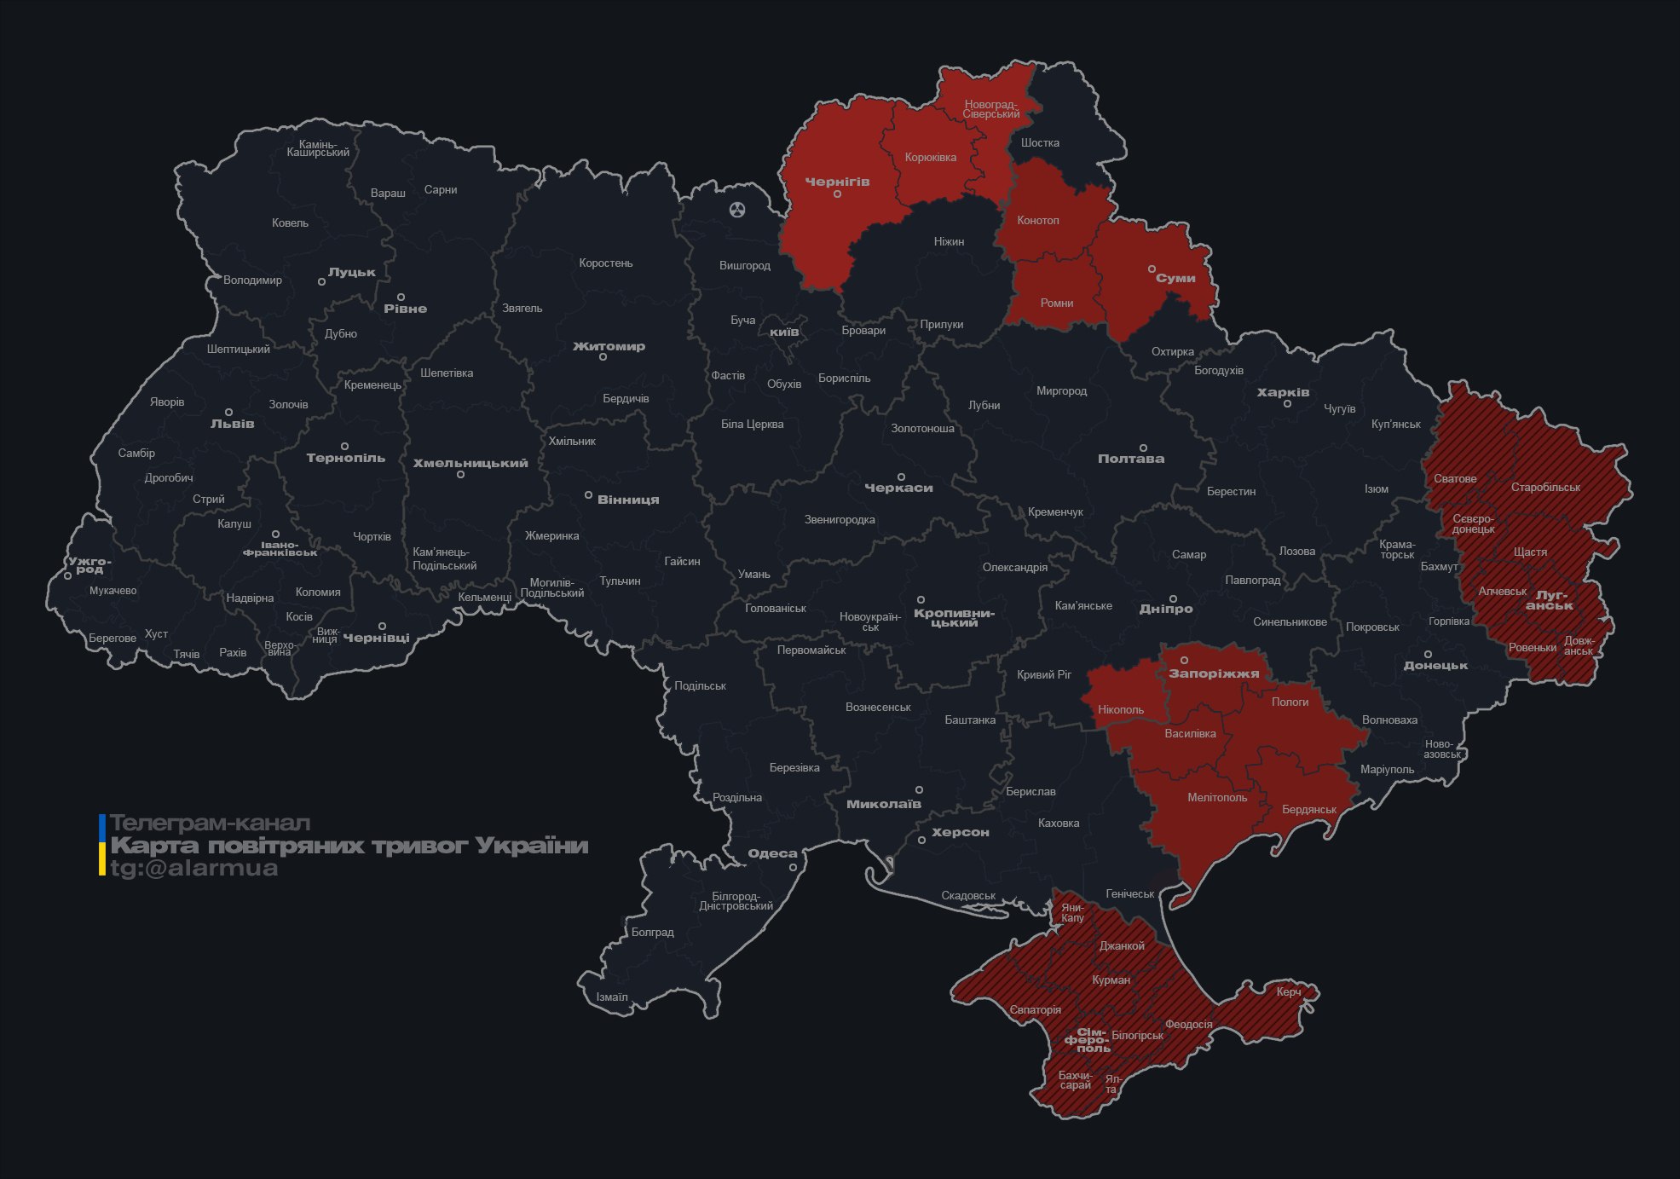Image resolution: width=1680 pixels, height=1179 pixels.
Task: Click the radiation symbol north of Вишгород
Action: [737, 209]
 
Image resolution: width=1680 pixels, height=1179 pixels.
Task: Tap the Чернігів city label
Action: [837, 182]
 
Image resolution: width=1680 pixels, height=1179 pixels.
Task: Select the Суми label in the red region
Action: [1175, 278]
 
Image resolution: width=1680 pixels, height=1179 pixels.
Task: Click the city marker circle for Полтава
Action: [1143, 448]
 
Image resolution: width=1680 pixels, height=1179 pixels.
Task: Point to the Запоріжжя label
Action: [1213, 673]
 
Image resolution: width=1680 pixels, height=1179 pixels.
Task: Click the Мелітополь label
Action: [1216, 798]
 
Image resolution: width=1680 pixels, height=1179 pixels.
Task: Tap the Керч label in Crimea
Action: [1288, 991]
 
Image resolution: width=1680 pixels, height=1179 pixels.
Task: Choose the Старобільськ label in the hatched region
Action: [1544, 488]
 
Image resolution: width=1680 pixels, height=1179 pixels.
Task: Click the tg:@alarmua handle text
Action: [193, 869]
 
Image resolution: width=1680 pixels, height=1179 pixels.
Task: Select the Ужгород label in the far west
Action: [89, 565]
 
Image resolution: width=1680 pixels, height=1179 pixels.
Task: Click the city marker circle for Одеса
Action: [793, 867]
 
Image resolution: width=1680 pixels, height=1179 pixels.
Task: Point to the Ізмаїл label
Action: [611, 997]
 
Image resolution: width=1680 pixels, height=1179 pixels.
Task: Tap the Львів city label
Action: [232, 424]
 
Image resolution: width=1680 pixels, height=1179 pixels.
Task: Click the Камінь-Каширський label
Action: [317, 148]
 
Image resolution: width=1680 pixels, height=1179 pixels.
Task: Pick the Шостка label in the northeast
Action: [1039, 142]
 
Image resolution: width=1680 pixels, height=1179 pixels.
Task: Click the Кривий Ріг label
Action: [1043, 674]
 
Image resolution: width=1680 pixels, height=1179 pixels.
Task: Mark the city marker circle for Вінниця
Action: [588, 494]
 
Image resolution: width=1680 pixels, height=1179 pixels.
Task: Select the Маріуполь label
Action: [1387, 770]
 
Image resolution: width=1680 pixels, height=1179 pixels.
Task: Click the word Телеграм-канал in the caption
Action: [210, 824]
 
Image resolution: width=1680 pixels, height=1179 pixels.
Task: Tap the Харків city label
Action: [1282, 393]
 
